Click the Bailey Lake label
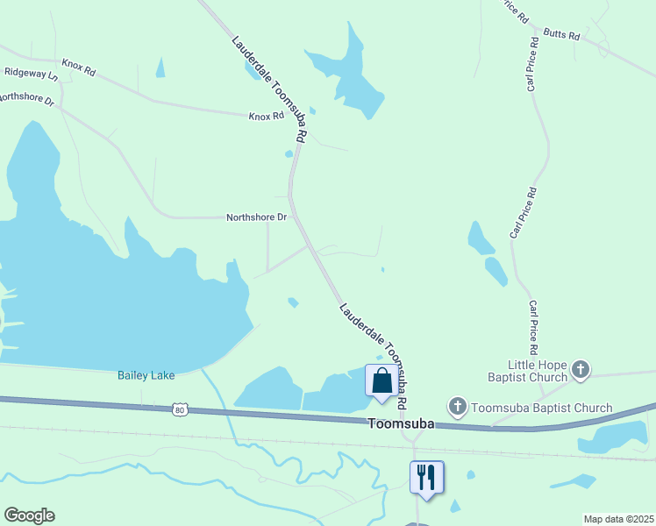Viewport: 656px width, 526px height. [x=146, y=375]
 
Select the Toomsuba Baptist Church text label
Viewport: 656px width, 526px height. [x=541, y=408]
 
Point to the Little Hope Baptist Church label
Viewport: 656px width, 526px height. [x=538, y=371]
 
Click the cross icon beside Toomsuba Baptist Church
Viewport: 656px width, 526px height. [x=457, y=407]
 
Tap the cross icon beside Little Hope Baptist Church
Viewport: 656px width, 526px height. [x=581, y=370]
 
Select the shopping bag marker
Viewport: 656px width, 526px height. [x=381, y=381]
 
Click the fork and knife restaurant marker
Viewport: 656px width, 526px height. [x=426, y=477]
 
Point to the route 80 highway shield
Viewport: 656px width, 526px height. [x=180, y=409]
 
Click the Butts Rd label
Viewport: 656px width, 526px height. [x=562, y=34]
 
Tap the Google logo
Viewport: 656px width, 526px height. [x=29, y=515]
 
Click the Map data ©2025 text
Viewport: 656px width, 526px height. [x=617, y=519]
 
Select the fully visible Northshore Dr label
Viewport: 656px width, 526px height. [x=256, y=217]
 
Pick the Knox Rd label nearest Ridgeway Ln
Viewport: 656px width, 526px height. [x=78, y=67]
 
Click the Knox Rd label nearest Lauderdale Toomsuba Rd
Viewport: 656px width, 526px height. [x=267, y=116]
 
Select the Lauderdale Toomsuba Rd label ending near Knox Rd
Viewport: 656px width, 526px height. [x=268, y=89]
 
